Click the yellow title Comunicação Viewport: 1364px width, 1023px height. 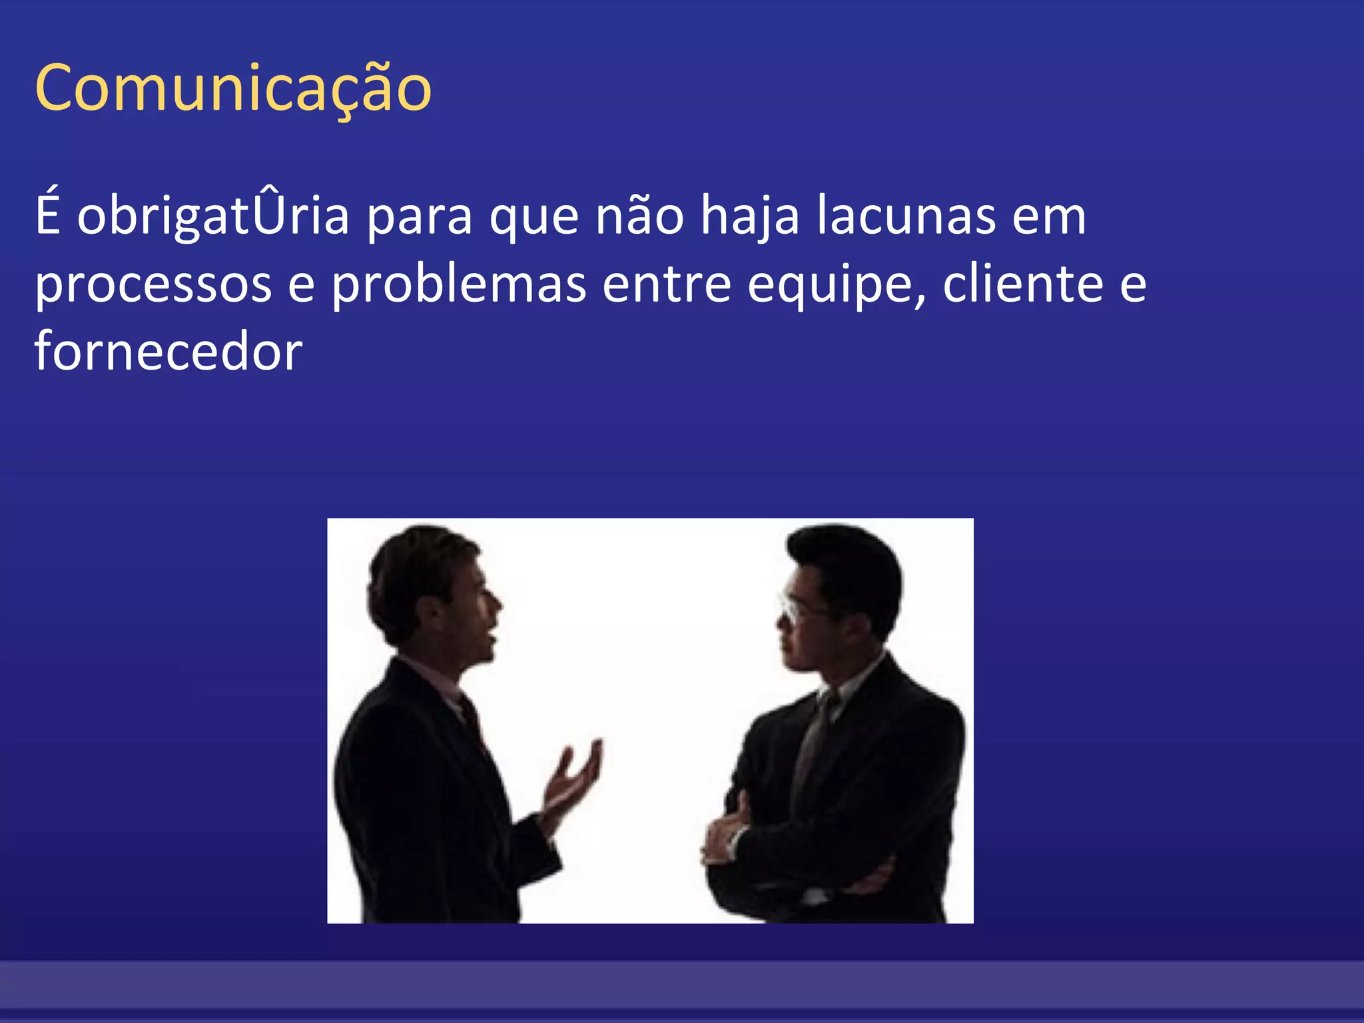[233, 89]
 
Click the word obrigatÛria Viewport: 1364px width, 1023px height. [213, 216]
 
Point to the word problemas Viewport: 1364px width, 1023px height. [459, 285]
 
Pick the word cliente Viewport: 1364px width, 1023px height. [1023, 284]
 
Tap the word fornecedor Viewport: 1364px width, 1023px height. [169, 352]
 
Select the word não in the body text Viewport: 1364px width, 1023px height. [639, 216]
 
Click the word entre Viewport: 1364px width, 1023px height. [667, 285]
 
